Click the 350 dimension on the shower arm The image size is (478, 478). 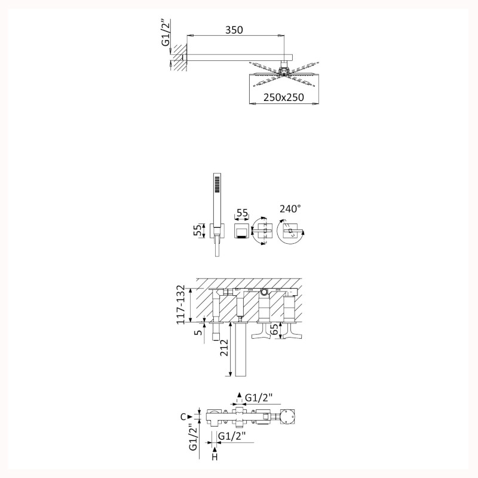234,30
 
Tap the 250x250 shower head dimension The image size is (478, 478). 284,97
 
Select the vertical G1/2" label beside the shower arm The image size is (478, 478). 166,33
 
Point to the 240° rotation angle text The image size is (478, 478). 290,209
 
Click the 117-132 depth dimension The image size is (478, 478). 180,305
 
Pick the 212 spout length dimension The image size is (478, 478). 224,348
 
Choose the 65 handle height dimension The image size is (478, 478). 274,330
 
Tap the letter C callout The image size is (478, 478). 183,416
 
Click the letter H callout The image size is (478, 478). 215,457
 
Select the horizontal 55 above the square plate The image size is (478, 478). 243,213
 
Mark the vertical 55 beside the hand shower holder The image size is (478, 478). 198,230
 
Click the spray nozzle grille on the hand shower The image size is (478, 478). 217,184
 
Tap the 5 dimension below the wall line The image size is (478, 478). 199,332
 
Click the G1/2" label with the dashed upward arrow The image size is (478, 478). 259,398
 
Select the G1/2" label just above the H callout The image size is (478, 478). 232,436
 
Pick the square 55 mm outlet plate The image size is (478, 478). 242,231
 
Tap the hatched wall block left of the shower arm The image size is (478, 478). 180,57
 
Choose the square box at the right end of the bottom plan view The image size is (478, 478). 288,416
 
